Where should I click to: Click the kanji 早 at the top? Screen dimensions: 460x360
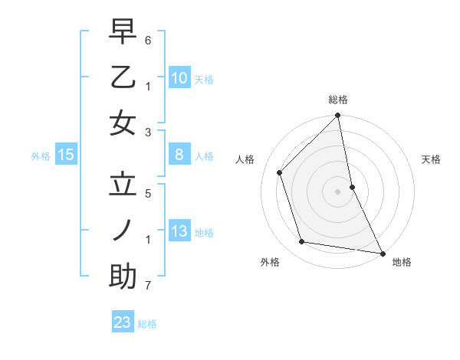coord(123,32)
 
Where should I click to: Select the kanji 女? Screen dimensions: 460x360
coord(123,123)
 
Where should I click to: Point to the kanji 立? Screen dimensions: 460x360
coord(123,185)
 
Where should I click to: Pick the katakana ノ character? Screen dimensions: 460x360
coord(123,231)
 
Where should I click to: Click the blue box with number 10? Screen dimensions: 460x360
coord(179,78)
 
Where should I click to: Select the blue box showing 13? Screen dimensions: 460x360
coord(179,232)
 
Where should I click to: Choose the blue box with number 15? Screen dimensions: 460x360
coord(66,155)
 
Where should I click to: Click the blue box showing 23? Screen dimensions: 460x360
coord(123,322)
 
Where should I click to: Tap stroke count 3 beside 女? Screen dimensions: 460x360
coord(148,133)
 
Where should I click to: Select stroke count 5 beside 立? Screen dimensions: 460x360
coord(148,194)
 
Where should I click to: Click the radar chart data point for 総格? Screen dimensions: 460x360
coord(337,116)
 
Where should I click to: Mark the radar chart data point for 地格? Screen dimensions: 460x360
coord(382,253)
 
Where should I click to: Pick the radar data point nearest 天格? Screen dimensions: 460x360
coord(352,187)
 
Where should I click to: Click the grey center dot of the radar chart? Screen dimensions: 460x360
coord(337,191)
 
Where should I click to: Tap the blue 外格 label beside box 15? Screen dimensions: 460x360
coord(41,156)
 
